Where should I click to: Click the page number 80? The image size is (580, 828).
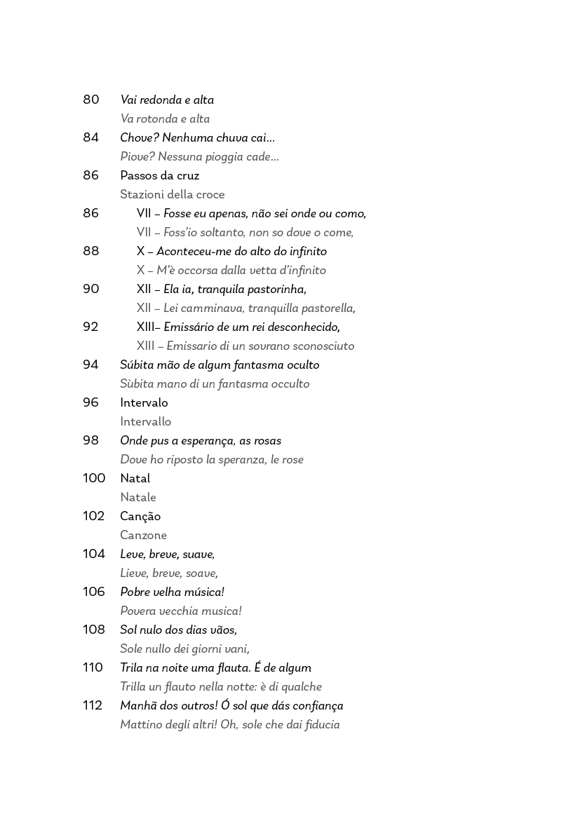tap(91, 100)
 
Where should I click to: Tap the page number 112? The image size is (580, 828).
tap(93, 706)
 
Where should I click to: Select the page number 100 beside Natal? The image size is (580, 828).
tap(94, 479)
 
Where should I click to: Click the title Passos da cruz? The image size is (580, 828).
tap(160, 176)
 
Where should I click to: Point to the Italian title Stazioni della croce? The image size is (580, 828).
tap(173, 195)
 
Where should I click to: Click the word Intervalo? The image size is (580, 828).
tap(144, 403)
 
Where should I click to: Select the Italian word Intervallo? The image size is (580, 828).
tap(145, 422)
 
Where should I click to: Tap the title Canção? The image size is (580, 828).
tap(140, 517)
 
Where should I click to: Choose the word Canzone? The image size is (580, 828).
tap(143, 536)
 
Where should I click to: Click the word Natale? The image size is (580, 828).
tap(138, 498)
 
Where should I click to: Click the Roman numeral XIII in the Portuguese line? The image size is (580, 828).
tap(146, 327)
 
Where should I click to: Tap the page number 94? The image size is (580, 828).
tap(91, 365)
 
